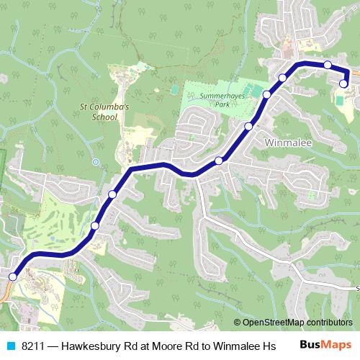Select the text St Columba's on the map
click(x=103, y=107)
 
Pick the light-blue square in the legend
click(x=10, y=345)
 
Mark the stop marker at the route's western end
click(x=12, y=276)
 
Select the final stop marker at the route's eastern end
click(x=343, y=84)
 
